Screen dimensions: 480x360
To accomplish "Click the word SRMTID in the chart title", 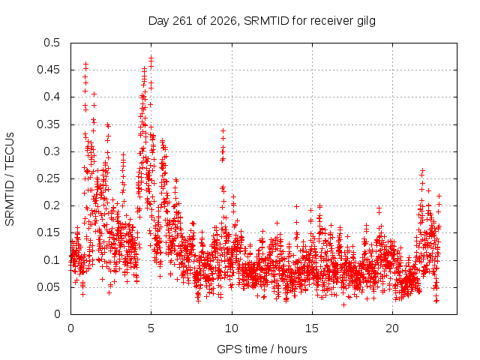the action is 266,21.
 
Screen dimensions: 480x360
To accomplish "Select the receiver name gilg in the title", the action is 366,22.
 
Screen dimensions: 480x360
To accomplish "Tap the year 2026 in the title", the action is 223,21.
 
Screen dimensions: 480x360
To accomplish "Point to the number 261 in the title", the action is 183,21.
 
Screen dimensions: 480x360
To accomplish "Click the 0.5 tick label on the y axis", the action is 52,43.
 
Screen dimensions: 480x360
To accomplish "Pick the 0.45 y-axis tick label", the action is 48,70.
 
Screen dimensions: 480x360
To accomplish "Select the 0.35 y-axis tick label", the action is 48,124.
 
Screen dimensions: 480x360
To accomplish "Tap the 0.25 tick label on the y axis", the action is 48,178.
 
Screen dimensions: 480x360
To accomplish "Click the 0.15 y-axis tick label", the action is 48,232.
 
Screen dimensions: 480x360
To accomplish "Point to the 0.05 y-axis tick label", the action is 48,287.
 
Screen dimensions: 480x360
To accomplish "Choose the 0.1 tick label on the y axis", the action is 52,260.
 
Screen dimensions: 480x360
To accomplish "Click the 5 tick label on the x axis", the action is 151,328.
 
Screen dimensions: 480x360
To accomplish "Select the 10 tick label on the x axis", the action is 232,328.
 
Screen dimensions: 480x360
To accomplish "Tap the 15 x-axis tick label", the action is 312,328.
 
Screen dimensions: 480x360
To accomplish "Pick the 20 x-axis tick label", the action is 392,328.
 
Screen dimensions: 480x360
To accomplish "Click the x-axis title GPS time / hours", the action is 262,349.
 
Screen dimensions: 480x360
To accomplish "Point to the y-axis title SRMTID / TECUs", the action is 10,179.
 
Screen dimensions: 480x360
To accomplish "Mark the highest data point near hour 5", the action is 151,57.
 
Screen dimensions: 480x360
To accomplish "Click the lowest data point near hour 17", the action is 343,305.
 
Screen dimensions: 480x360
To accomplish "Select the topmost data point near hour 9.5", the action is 223,131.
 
